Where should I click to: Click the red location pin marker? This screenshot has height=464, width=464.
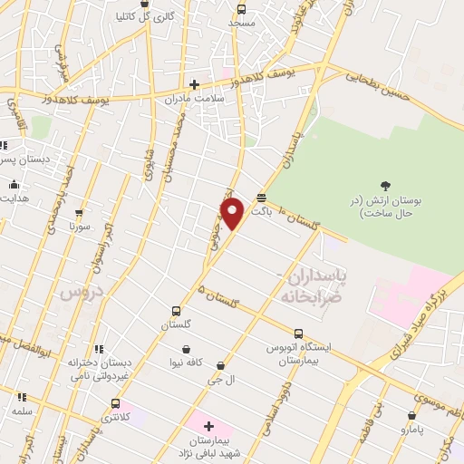[x=233, y=213]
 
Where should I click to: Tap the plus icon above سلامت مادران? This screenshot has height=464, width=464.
[x=194, y=83]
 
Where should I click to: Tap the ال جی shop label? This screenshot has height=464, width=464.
[x=222, y=380]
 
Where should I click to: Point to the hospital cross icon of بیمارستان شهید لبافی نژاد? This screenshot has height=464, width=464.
[x=208, y=425]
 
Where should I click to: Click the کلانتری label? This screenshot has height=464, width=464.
[x=114, y=417]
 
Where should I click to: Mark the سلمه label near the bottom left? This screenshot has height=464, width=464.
[x=22, y=411]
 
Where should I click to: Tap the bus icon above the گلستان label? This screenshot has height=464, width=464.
[x=177, y=310]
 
